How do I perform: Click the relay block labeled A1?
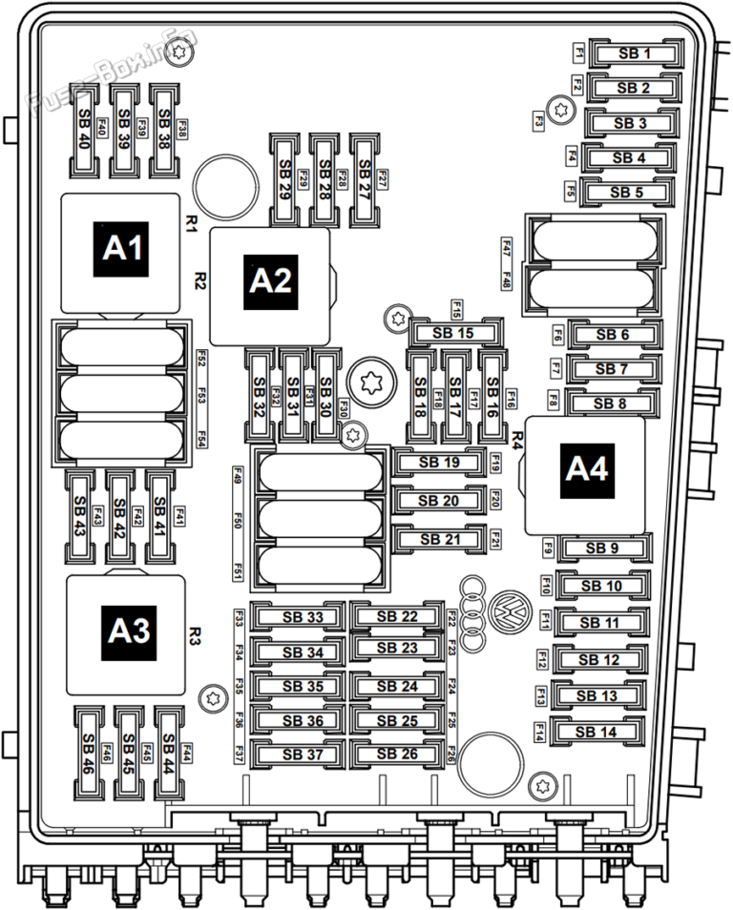coord(121,250)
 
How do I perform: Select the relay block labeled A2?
coord(269,280)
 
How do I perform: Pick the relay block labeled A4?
coord(586,469)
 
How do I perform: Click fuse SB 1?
coord(634,54)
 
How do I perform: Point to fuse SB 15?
coord(453,333)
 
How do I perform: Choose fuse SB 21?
coord(439,539)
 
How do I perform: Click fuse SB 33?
coord(303,617)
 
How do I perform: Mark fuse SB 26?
coord(397,755)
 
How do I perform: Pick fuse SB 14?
coord(598,732)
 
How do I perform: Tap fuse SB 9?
coord(602,548)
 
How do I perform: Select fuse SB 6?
coord(612,334)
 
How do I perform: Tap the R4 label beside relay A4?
coord(517,440)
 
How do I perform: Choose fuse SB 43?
coord(80,515)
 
